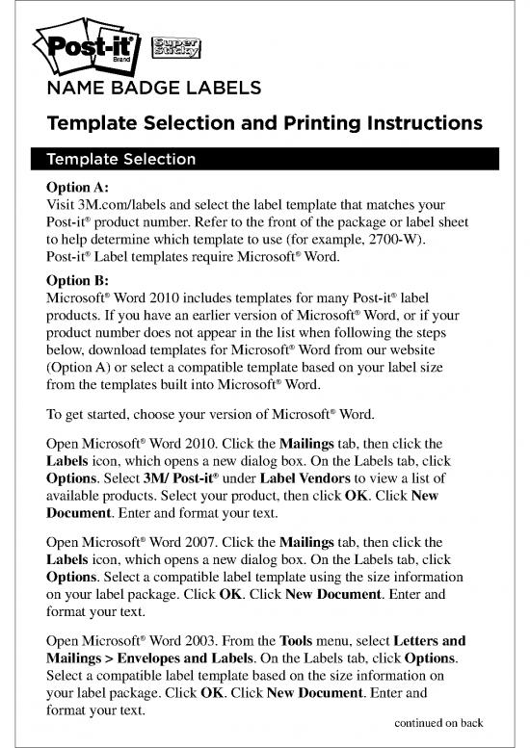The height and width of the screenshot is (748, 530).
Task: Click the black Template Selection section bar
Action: click(265, 159)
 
